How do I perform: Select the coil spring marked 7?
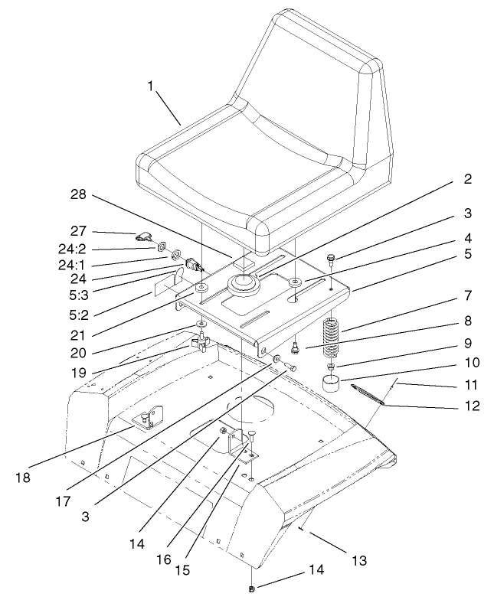pos(329,337)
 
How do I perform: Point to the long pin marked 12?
pos(371,395)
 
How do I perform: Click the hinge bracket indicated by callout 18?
pos(149,419)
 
